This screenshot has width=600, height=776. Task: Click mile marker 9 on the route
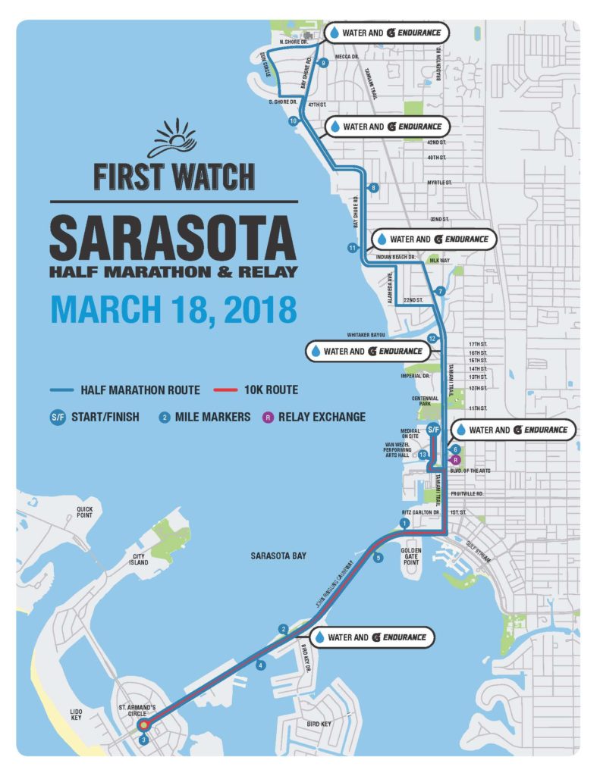coord(324,63)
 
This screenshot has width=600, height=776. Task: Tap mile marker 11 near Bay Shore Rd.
coord(352,248)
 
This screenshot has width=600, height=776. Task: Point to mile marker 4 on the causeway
coord(261,665)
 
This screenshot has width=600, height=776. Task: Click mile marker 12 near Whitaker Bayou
coord(432,339)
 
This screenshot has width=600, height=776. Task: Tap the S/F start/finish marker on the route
coord(433,430)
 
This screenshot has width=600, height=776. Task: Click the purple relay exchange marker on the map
coord(455,459)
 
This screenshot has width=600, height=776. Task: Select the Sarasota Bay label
coord(278,555)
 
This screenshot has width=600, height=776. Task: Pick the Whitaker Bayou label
coord(367,334)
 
